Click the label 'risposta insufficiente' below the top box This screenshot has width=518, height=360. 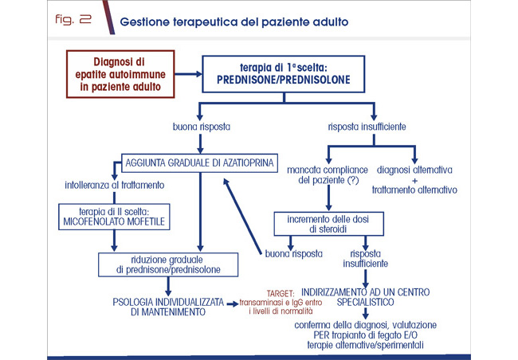(367, 127)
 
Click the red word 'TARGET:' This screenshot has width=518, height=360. (280, 292)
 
